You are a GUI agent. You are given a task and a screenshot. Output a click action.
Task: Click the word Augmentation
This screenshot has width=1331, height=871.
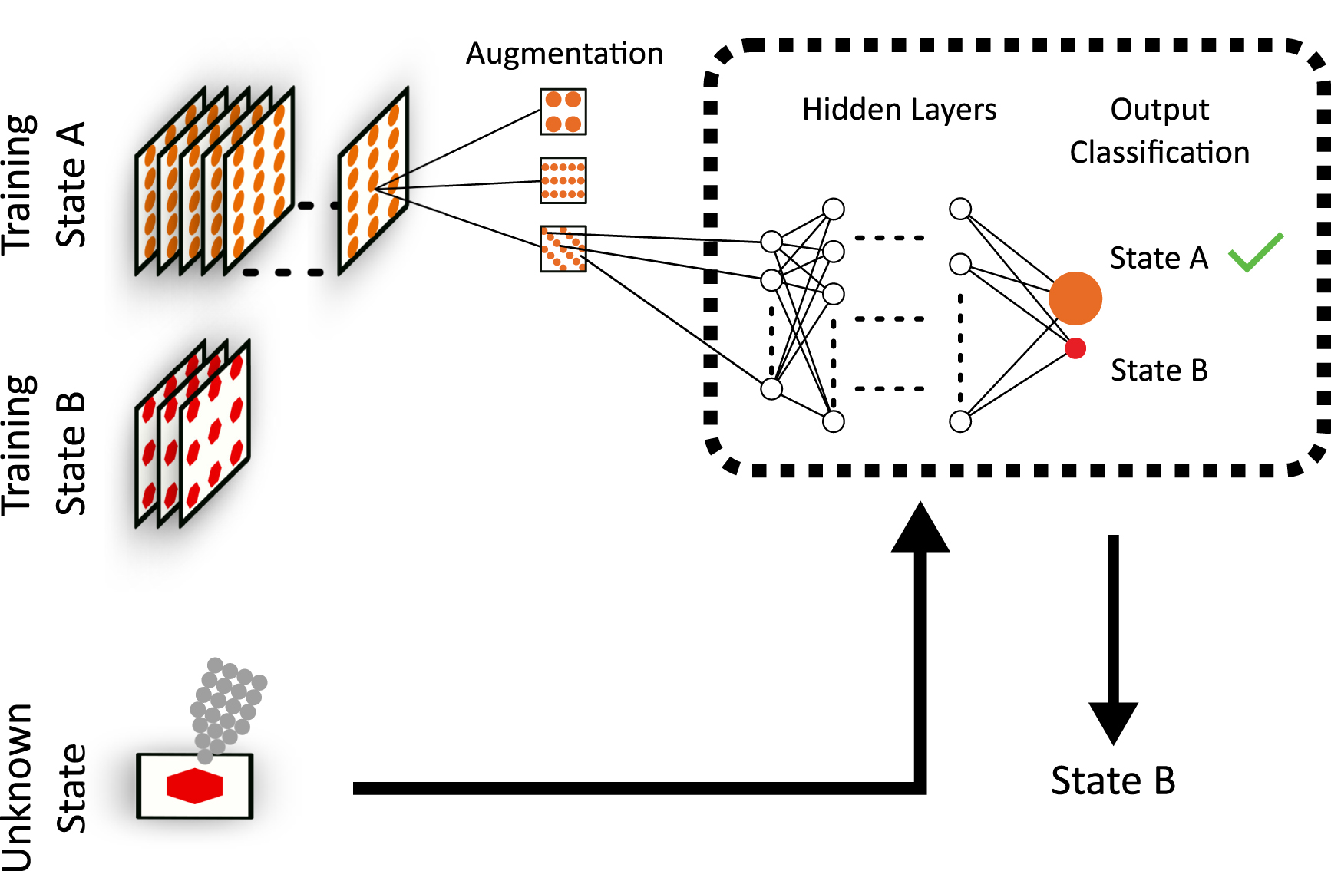pos(564,54)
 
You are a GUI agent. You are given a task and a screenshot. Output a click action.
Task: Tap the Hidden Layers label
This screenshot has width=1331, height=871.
pos(899,110)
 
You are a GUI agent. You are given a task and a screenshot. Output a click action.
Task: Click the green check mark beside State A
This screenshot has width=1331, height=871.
pos(1256,252)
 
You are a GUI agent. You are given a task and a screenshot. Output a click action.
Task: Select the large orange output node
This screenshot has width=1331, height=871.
pos(1075,298)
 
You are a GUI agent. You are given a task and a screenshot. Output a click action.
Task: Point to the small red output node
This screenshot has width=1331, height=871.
pos(1075,348)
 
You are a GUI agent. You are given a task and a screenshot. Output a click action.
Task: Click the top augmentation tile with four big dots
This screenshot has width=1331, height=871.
pos(563,111)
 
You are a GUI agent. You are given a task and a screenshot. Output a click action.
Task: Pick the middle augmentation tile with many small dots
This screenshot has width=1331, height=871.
pos(563,180)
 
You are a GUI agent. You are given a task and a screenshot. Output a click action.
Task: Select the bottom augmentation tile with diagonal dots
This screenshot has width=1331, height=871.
pos(563,249)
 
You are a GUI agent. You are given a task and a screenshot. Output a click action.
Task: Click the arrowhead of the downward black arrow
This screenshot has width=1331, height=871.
pos(1113,721)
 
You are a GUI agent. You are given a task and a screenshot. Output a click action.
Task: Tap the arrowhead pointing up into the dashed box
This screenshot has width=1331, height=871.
pos(920,530)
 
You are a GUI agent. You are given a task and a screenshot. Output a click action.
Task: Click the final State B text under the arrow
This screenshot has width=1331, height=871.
pos(1113,781)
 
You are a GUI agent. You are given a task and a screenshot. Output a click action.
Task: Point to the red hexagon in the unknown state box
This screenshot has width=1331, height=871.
pos(194,786)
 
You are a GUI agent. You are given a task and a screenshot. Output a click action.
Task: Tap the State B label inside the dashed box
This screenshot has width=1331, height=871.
pos(1159,371)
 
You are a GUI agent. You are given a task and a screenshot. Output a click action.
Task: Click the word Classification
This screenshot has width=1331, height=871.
pos(1159,153)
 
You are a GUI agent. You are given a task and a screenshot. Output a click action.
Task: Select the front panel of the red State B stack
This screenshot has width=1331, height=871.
pos(216,437)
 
